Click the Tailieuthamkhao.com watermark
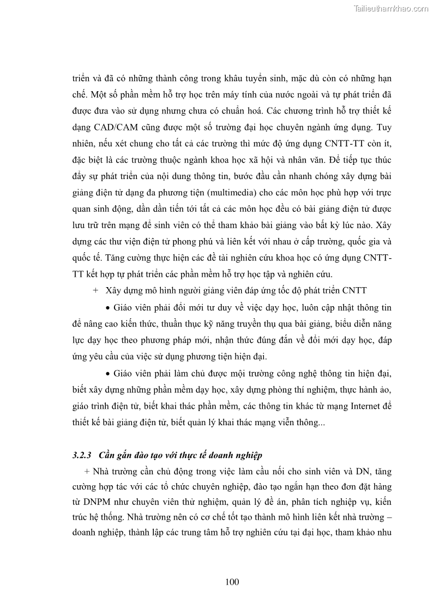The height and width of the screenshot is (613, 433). (391, 8)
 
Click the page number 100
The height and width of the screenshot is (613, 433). (232, 582)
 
